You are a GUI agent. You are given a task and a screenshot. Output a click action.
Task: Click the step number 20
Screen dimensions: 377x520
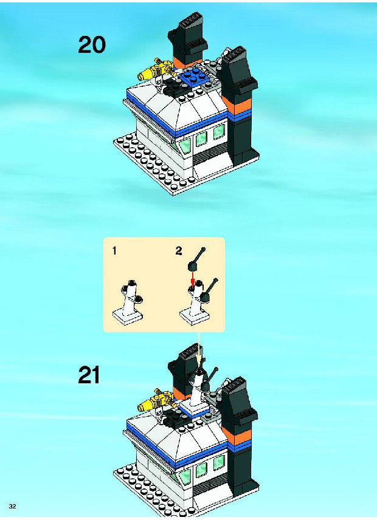[x=92, y=45]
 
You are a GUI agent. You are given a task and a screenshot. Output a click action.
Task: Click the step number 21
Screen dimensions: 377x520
[x=89, y=375]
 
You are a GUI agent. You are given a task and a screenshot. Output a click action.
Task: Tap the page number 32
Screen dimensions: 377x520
[x=13, y=507]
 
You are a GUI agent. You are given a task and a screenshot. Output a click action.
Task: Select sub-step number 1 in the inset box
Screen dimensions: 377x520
[x=114, y=251]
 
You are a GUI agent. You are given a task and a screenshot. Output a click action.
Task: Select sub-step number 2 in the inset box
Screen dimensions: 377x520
[x=179, y=251]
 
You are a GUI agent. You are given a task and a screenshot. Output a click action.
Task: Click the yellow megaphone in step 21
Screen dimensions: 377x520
[x=155, y=400]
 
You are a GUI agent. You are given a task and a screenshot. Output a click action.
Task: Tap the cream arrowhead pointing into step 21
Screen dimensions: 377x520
[x=199, y=360]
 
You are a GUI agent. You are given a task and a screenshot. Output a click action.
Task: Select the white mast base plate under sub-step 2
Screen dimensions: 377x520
[x=194, y=316]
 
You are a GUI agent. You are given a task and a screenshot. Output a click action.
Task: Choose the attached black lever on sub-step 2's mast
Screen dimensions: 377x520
[x=209, y=290]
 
